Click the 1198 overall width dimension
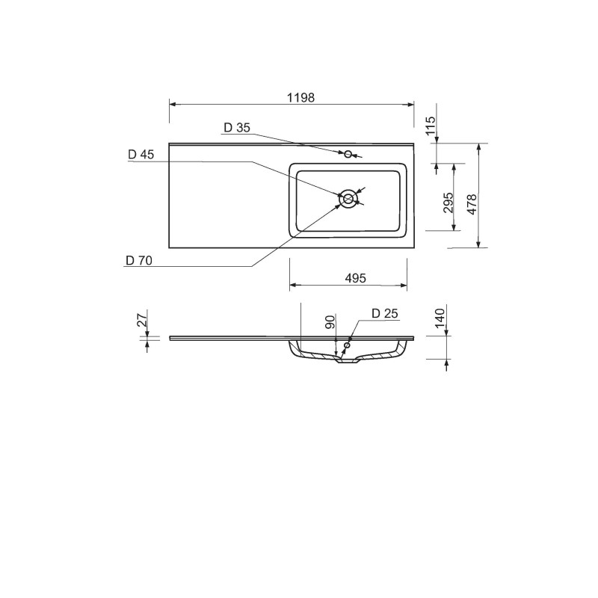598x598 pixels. pos(301,98)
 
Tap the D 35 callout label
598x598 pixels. pos(237,128)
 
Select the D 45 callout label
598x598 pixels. pos(141,155)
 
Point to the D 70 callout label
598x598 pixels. pos(139,260)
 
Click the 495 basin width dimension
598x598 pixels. pos(356,278)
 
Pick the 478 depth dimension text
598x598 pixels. pos(472,204)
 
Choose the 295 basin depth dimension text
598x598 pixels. pos(448,203)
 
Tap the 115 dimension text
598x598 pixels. pos(430,125)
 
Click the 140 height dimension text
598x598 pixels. pos(440,318)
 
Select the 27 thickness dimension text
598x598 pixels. pos(141,321)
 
